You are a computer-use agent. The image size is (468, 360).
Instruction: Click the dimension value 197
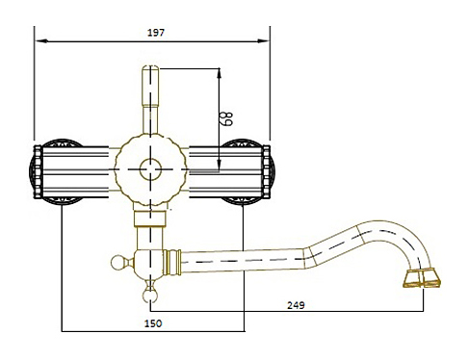(x=156, y=33)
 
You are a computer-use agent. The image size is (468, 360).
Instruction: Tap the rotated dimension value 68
(x=227, y=118)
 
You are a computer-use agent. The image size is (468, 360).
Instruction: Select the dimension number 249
(x=296, y=305)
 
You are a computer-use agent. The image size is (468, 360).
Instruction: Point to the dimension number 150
(x=153, y=323)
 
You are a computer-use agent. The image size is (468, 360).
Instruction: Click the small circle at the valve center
(x=150, y=169)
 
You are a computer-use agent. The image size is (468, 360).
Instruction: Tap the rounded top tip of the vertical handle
(x=150, y=67)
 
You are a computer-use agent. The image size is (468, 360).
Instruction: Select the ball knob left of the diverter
(x=117, y=263)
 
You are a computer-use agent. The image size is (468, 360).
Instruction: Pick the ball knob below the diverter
(x=150, y=296)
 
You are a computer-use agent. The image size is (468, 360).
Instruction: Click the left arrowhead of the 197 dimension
(x=41, y=41)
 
